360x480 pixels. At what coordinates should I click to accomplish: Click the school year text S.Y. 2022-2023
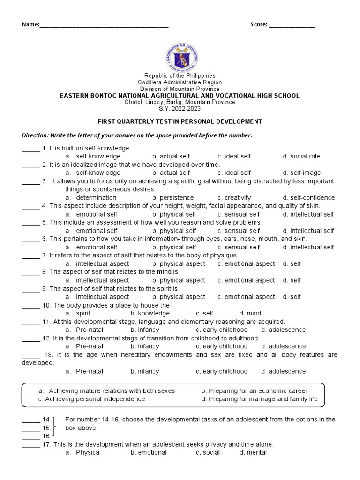click(180, 108)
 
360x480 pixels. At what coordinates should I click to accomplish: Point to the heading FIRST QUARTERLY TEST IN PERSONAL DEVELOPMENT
click(180, 121)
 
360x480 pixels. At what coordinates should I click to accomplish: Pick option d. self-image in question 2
click(302, 172)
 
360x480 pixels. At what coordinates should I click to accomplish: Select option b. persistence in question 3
click(173, 198)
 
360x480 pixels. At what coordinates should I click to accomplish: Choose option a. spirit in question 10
click(78, 313)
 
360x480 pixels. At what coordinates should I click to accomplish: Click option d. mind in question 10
click(250, 313)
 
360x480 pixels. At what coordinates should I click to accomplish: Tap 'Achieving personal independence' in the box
click(91, 399)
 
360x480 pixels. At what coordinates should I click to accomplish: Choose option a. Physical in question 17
click(83, 452)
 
